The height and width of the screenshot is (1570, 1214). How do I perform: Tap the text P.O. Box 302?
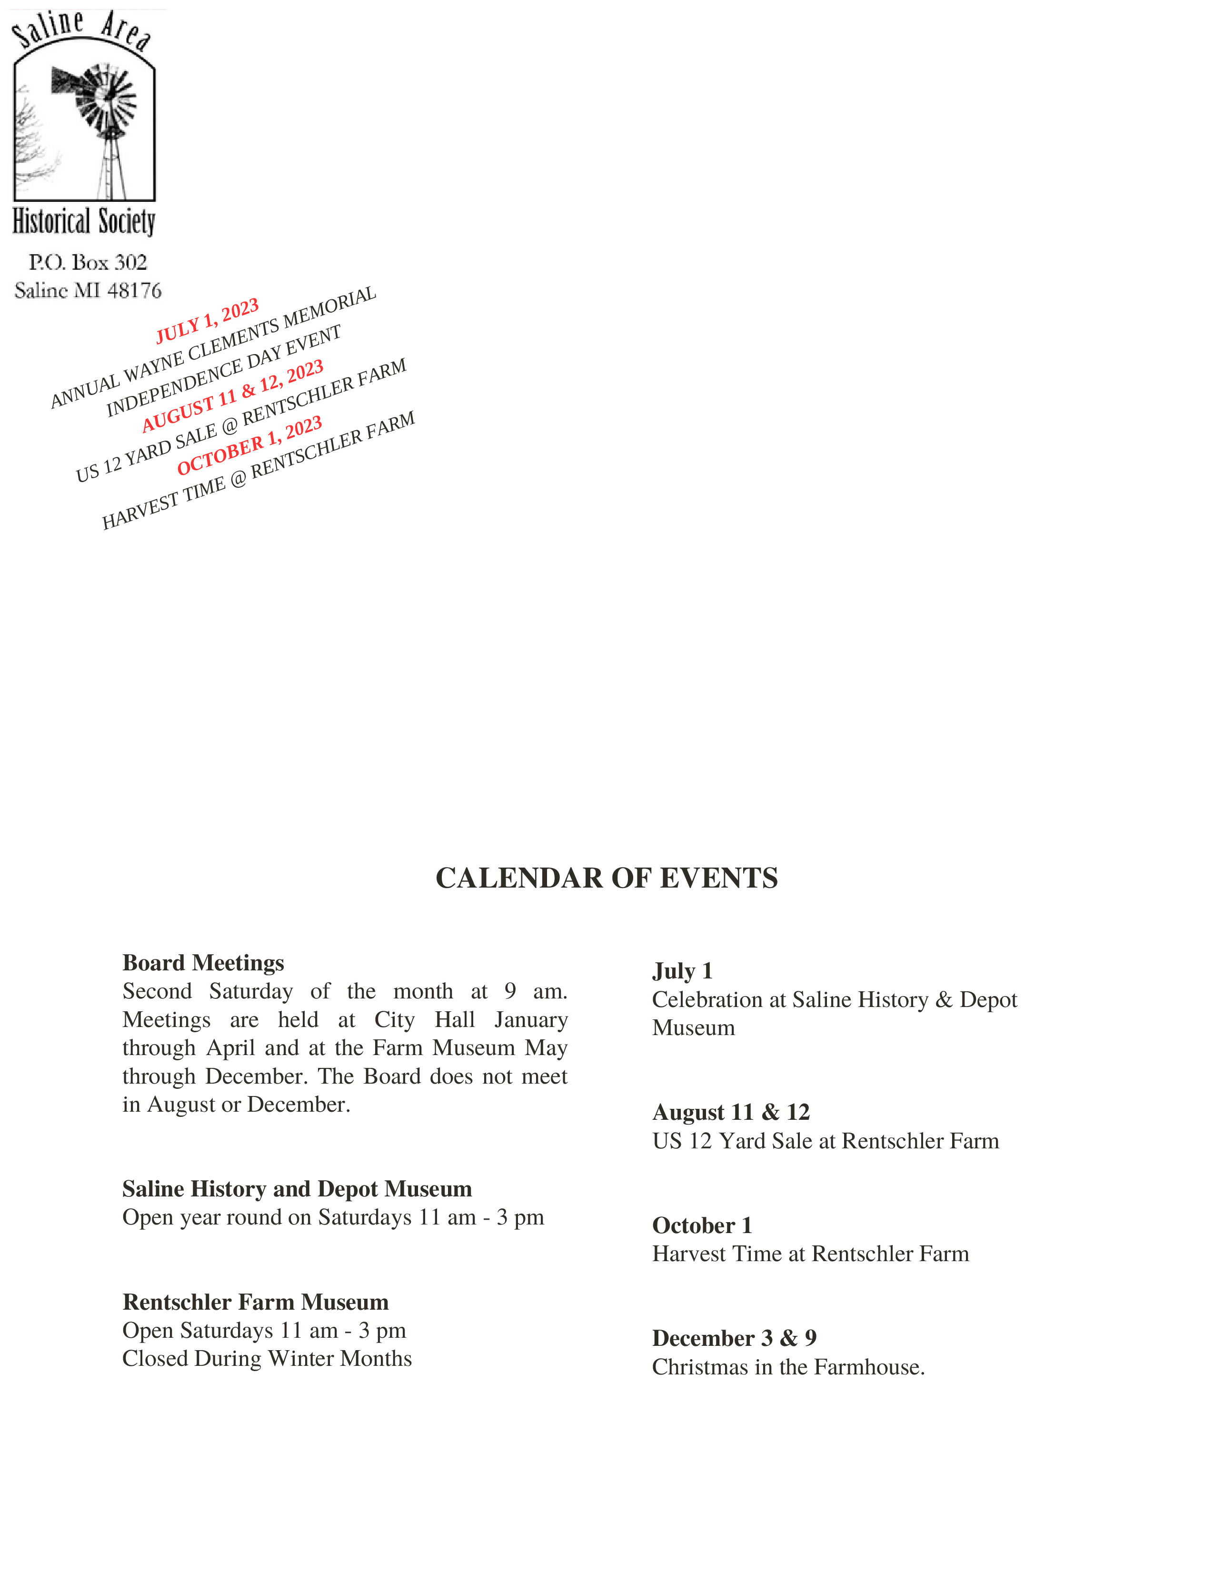coord(88,262)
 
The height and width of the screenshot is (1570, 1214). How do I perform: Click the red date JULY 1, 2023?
coord(207,321)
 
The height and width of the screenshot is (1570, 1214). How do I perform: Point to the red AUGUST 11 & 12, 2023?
coord(232,396)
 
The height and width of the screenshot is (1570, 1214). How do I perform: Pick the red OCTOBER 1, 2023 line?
coord(249,446)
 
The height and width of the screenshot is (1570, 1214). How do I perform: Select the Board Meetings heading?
coord(203,963)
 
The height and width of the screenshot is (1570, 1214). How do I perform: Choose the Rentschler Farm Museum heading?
coord(255,1302)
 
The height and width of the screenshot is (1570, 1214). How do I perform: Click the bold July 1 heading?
coord(682,971)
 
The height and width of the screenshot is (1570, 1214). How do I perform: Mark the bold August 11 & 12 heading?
coord(731,1112)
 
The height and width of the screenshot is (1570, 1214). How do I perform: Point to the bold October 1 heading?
coord(702,1225)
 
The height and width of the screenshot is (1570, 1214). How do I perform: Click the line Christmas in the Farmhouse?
coord(788,1367)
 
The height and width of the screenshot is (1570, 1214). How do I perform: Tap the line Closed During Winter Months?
coord(267,1359)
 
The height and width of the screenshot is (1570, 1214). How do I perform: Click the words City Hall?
coord(424,1019)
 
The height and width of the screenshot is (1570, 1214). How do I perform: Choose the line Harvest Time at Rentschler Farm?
coord(811,1254)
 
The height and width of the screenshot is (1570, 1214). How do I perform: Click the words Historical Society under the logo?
coord(84,221)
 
